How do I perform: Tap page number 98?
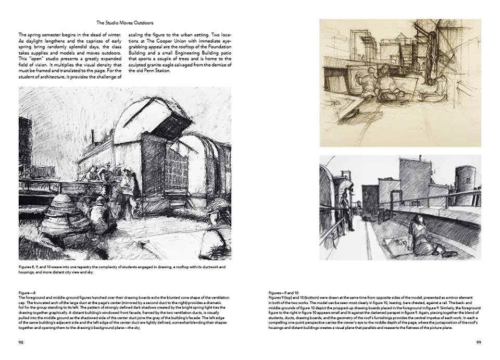(x=21, y=342)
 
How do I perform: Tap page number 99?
(x=478, y=342)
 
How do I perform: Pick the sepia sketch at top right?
(x=400, y=83)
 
